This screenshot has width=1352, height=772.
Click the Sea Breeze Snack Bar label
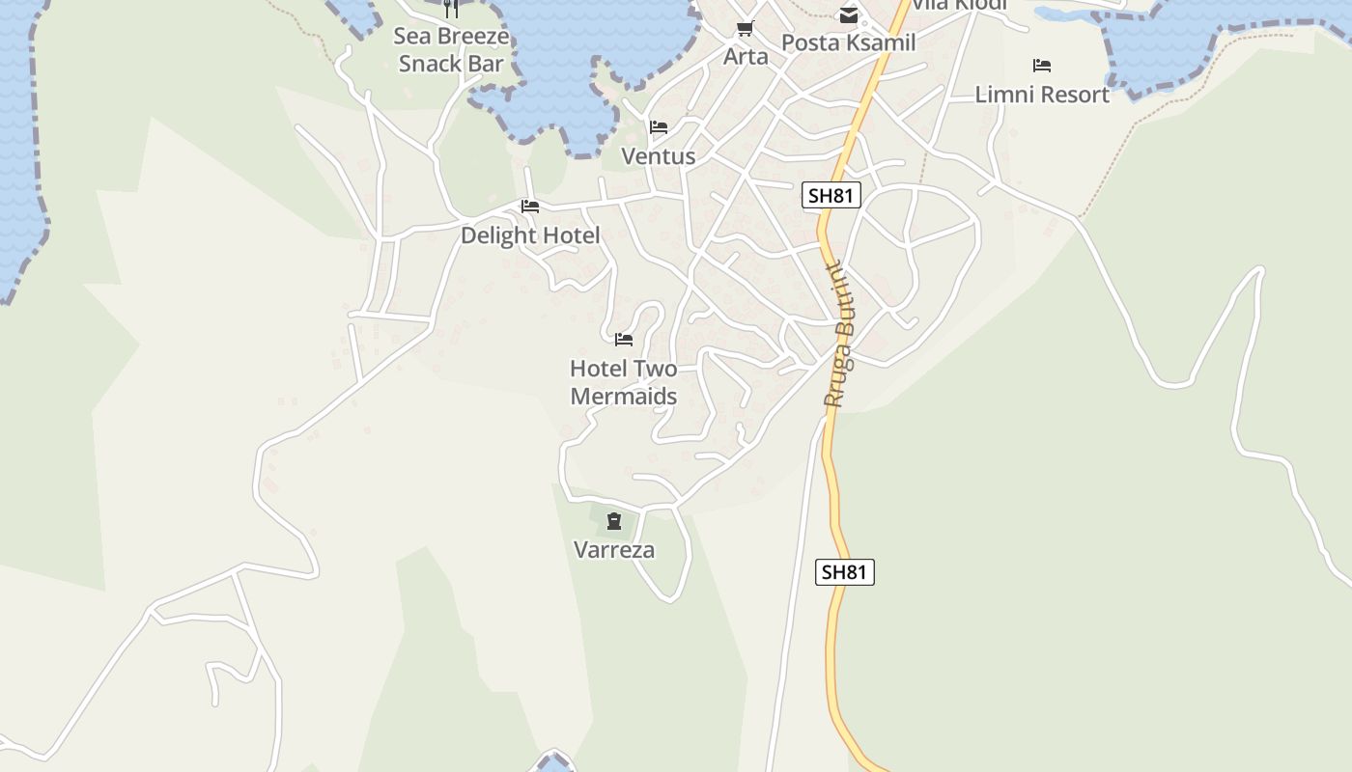[451, 50]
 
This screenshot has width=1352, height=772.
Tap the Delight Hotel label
[530, 235]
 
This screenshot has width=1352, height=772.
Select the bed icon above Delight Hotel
[530, 207]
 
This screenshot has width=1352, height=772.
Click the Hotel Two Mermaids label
[623, 382]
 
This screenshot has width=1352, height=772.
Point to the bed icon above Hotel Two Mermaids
[624, 340]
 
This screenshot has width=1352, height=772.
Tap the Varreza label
[614, 550]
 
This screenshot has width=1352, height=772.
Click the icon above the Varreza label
[614, 522]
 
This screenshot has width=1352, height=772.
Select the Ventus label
[658, 156]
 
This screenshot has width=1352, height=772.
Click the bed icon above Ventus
[659, 127]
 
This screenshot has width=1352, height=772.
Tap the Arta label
[746, 56]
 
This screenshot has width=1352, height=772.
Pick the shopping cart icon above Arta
[745, 28]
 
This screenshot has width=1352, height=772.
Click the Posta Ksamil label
[848, 42]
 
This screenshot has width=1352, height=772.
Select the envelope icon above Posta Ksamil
[849, 14]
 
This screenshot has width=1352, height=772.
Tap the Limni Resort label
[1042, 95]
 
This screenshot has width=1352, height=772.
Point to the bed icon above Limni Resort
[1042, 66]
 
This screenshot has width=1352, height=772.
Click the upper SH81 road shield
[831, 196]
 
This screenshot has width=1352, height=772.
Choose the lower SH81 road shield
[845, 572]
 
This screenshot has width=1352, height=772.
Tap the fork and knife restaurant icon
[451, 9]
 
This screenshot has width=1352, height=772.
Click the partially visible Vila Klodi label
[959, 5]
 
